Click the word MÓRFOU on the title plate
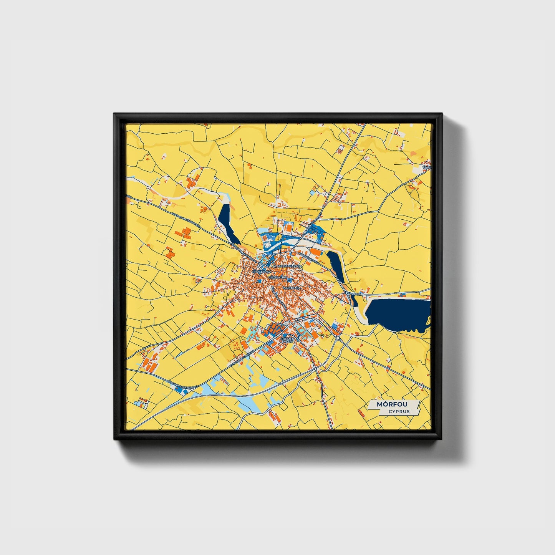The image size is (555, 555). pyautogui.click(x=392, y=404)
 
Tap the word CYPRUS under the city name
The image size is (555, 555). pyautogui.click(x=399, y=411)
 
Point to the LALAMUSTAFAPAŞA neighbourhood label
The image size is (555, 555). pyautogui.click(x=287, y=266)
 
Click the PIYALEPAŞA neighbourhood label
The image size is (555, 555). pyautogui.click(x=262, y=272)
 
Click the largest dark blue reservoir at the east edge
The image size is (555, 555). pyautogui.click(x=398, y=313)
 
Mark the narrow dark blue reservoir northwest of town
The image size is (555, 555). pyautogui.click(x=227, y=223)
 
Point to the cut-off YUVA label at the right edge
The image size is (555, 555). pyautogui.click(x=427, y=168)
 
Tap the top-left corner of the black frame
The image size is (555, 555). pyautogui.click(x=114, y=114)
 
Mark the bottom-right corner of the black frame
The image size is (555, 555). pyautogui.click(x=442, y=439)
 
